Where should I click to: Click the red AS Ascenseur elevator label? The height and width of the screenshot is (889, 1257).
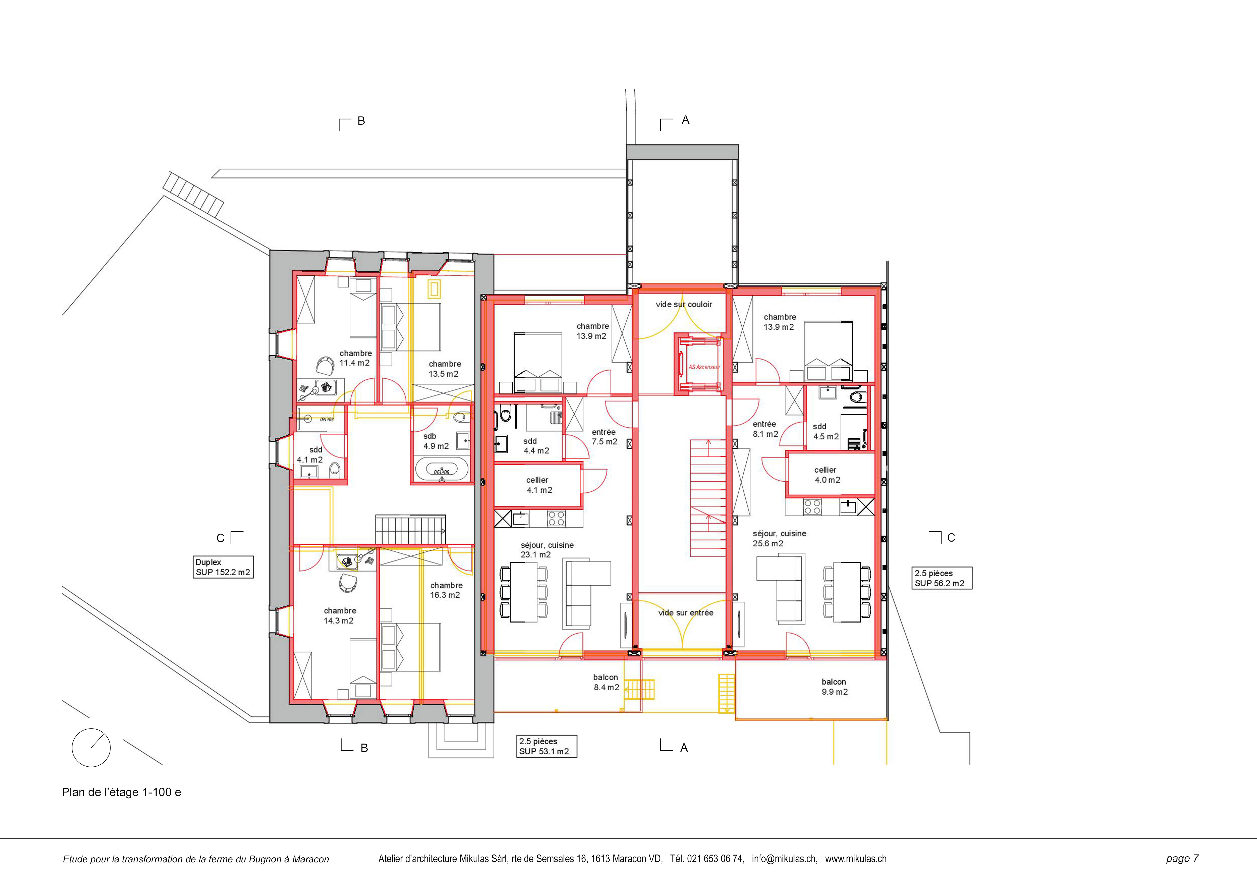click(704, 367)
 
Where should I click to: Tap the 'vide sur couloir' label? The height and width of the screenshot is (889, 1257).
click(684, 304)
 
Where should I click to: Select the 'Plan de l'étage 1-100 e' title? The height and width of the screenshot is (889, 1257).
click(122, 792)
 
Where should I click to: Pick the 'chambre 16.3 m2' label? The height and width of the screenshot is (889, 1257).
click(446, 590)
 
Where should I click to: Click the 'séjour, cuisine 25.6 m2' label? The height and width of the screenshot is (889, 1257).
click(779, 538)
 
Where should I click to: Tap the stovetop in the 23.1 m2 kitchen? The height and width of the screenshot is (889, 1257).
click(556, 518)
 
